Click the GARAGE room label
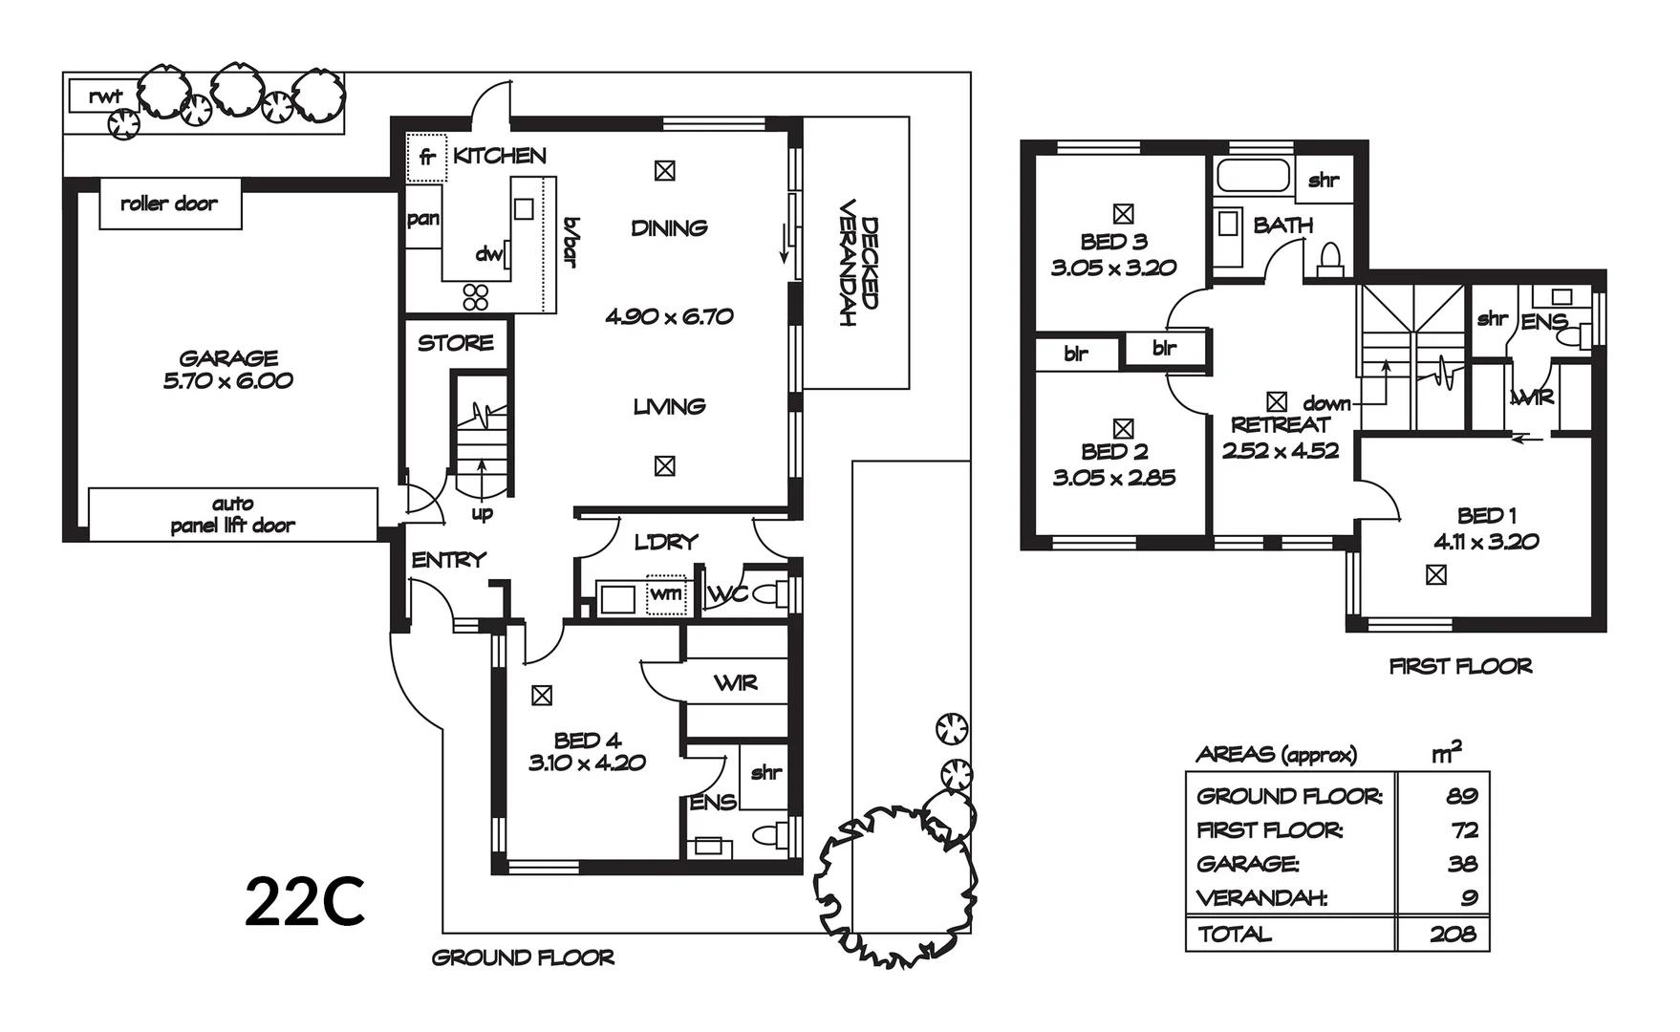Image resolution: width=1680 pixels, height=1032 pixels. click(x=228, y=358)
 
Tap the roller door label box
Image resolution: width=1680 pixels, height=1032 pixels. click(x=169, y=204)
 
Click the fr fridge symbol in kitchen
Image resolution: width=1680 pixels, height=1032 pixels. click(x=427, y=158)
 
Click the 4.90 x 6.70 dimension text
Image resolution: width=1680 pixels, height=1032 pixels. click(x=669, y=316)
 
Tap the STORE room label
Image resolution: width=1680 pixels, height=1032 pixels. click(x=456, y=343)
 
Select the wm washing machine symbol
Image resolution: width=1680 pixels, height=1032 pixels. click(x=665, y=594)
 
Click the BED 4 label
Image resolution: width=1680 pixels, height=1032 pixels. click(x=587, y=740)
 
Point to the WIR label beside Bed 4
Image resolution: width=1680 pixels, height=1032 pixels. click(x=735, y=683)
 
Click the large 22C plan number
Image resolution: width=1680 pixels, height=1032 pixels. click(x=305, y=903)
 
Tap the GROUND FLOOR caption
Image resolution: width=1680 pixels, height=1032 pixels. click(x=523, y=957)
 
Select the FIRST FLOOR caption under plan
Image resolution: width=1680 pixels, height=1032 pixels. click(x=1460, y=666)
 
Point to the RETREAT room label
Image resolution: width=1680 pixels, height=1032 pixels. click(x=1280, y=425)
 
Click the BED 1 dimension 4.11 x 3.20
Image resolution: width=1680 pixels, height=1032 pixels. click(x=1486, y=542)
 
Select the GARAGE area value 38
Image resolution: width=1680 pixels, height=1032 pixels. click(x=1462, y=865)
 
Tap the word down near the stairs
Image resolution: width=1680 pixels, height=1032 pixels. click(x=1326, y=404)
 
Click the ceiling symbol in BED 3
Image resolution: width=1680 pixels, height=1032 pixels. click(x=1123, y=214)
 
